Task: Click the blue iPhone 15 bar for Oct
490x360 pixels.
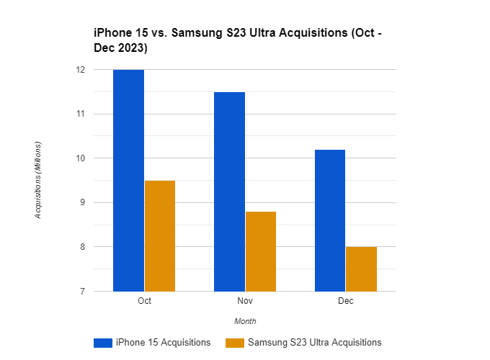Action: (x=128, y=180)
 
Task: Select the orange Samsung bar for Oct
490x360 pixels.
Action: (x=159, y=235)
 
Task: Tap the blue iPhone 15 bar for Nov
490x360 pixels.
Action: (x=229, y=192)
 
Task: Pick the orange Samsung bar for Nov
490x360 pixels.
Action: (x=260, y=251)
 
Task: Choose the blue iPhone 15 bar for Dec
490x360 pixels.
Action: (x=329, y=220)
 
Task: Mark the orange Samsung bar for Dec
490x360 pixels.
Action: (x=361, y=269)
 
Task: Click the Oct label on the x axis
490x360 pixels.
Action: (x=144, y=300)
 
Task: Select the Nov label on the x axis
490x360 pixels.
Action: (x=245, y=300)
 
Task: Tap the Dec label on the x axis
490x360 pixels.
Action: (x=345, y=300)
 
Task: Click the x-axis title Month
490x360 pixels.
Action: (x=245, y=321)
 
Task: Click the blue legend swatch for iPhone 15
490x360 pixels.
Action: (x=103, y=343)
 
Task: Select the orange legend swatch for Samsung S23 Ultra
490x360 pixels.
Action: (x=235, y=343)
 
